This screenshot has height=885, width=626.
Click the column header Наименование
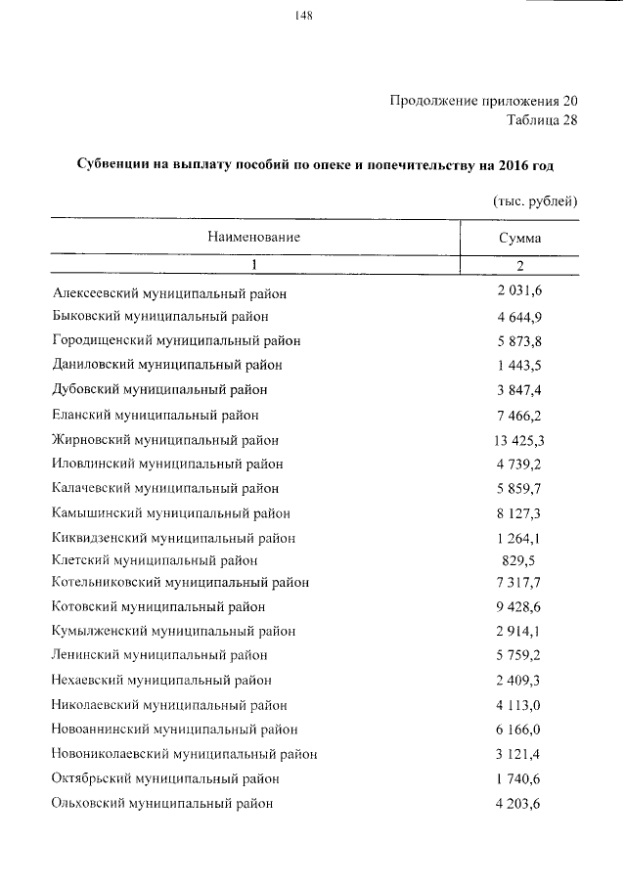click(x=253, y=237)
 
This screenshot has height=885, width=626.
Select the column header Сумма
click(x=519, y=238)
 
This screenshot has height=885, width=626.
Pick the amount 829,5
click(x=519, y=560)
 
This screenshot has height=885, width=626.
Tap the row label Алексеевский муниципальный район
click(x=170, y=293)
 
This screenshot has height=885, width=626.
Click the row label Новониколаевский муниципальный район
click(x=184, y=754)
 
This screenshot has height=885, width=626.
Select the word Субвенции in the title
click(x=112, y=165)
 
